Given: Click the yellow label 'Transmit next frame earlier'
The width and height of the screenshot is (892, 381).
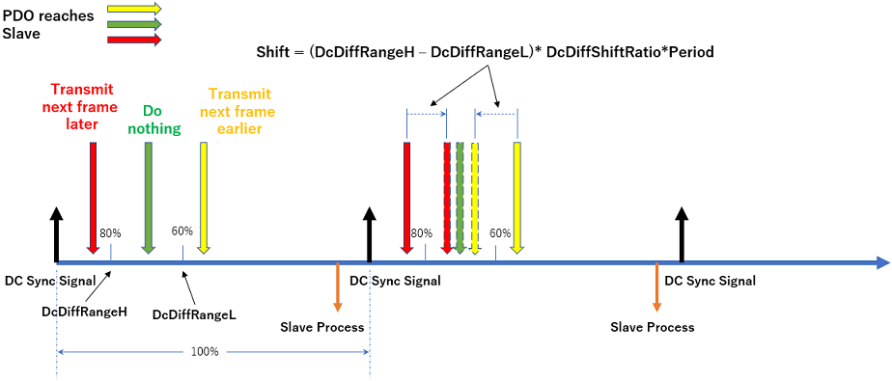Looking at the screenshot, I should tap(241, 111).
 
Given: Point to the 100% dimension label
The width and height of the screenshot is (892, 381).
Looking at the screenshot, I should tap(204, 351).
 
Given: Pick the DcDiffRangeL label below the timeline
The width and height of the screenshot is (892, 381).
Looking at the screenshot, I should tap(195, 314).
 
